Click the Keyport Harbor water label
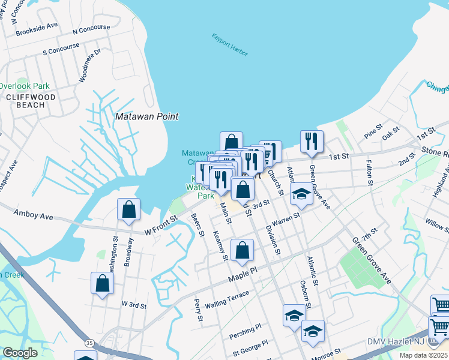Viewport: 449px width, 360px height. coord(229,45)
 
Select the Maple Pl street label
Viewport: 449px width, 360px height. coord(243,276)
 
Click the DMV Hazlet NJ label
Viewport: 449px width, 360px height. coord(396,342)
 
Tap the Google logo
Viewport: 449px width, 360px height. coord(20,353)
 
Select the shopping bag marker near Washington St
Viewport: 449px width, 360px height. coord(102,283)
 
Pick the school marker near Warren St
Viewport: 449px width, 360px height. coord(301,194)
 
